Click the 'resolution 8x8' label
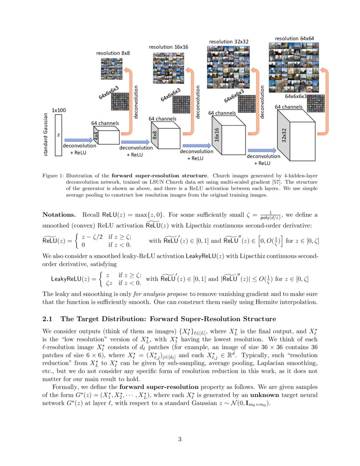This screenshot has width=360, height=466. click(x=113, y=53)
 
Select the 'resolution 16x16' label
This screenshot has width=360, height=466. click(x=169, y=47)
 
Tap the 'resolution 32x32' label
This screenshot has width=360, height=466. click(x=229, y=42)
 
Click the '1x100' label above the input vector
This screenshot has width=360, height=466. click(x=59, y=110)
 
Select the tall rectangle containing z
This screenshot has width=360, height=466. click(x=58, y=135)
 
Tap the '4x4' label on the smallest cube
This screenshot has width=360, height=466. click(x=96, y=136)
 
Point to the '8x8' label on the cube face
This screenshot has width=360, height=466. click(x=155, y=136)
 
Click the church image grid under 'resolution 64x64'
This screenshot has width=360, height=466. click(x=294, y=62)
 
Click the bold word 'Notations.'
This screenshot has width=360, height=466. click(x=60, y=215)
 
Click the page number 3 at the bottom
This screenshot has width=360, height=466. click(x=180, y=439)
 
